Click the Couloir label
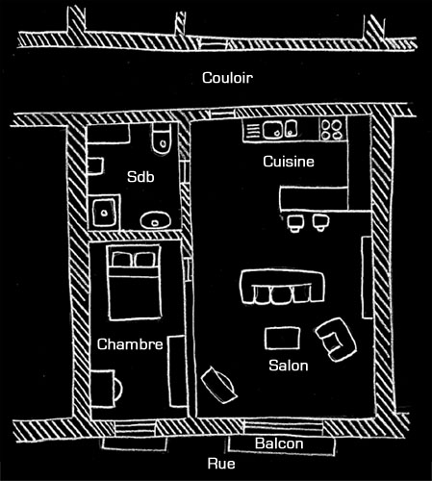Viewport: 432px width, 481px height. tap(227, 78)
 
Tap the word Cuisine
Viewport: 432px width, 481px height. tap(289, 162)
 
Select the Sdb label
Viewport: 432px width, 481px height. tap(140, 177)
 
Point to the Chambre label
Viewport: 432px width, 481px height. tap(130, 344)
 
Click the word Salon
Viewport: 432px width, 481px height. tap(289, 366)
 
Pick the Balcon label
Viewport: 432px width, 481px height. tap(279, 443)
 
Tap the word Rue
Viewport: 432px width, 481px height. tap(221, 464)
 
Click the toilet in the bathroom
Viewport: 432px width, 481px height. tap(162, 139)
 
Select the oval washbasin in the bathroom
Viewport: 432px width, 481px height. tap(155, 219)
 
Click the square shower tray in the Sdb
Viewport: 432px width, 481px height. tap(104, 213)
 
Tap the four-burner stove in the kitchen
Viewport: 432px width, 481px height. tap(333, 129)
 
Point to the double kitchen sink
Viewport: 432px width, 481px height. tap(280, 129)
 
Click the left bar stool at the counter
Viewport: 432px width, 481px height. tap(294, 222)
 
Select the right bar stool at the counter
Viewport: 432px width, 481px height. tap(320, 222)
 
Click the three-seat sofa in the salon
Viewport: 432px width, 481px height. tap(282, 287)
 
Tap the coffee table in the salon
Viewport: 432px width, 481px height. tap(282, 338)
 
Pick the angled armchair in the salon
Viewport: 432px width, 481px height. tap(336, 340)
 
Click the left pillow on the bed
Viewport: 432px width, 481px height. tap(121, 259)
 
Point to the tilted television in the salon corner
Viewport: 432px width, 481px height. tap(219, 384)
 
